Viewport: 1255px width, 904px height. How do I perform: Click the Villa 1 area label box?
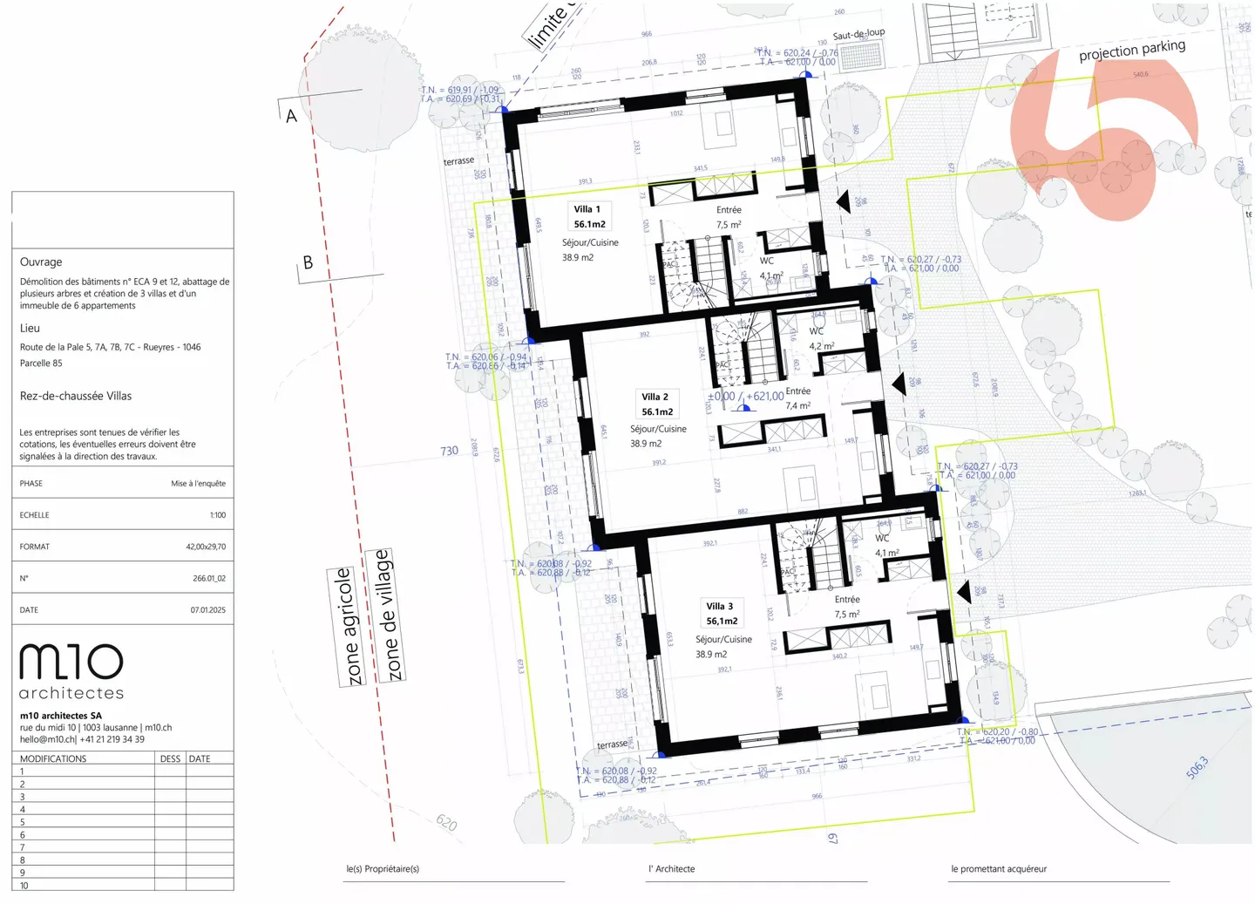[x=589, y=216]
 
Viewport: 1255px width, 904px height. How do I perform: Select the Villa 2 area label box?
[x=656, y=404]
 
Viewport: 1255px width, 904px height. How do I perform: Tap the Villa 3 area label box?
[x=721, y=614]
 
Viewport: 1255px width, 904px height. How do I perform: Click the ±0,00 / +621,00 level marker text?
[x=745, y=396]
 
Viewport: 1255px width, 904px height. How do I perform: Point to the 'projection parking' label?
[x=1131, y=51]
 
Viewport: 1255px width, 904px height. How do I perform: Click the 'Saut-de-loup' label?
[x=858, y=35]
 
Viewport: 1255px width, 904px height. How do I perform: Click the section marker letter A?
[x=291, y=116]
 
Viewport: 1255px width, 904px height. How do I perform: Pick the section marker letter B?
[x=308, y=262]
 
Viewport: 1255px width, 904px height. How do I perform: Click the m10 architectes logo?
[x=71, y=671]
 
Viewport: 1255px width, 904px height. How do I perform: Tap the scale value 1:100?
[x=217, y=515]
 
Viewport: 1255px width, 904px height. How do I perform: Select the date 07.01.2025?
[x=207, y=610]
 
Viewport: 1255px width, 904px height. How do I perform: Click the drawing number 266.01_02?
[x=208, y=578]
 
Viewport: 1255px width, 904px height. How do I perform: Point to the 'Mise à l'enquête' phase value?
[x=198, y=484]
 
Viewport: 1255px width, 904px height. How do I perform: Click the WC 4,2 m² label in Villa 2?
[x=821, y=338]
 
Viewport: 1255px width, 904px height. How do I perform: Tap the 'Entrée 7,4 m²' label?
[x=797, y=398]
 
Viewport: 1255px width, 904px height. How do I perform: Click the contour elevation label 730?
[x=449, y=451]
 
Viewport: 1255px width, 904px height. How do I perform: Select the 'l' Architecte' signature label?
[x=671, y=869]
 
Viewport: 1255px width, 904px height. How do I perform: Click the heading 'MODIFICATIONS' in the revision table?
[x=53, y=758]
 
